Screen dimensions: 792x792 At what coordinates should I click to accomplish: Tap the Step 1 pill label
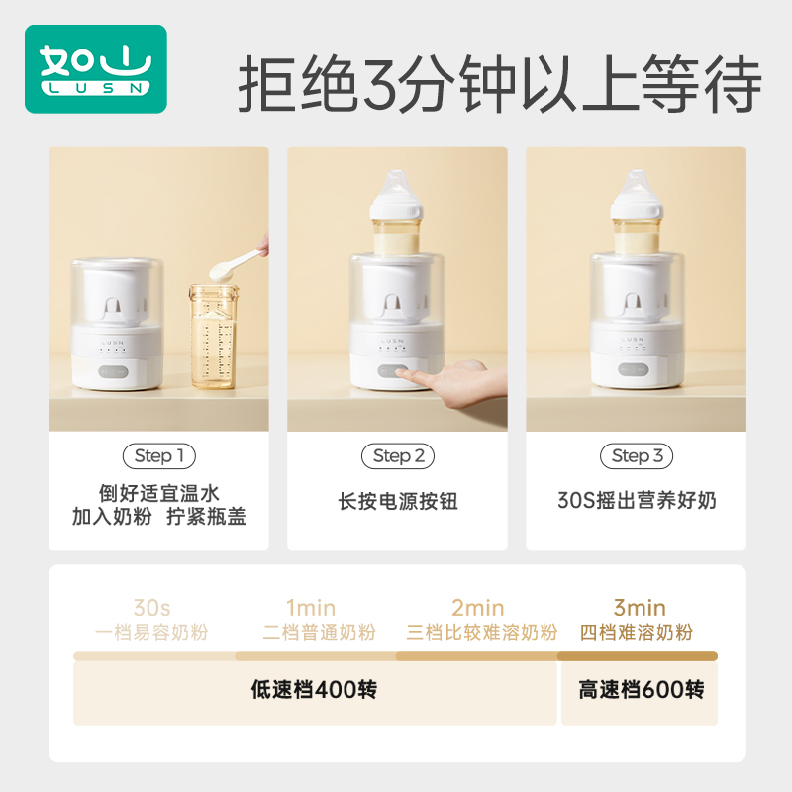[x=158, y=456]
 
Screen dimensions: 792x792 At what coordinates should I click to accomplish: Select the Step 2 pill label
[x=398, y=456]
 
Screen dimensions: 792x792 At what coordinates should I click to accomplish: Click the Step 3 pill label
[x=637, y=456]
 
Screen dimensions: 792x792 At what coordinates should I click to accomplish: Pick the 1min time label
[x=311, y=608]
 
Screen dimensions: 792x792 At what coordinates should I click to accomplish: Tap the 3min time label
[x=639, y=608]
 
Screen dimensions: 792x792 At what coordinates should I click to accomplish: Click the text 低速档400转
[x=314, y=690]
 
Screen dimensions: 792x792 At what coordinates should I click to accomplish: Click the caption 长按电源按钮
[x=398, y=501]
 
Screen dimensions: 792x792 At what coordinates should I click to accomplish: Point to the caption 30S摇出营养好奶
[x=637, y=501]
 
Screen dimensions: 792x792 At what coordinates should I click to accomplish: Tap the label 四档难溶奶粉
[x=639, y=633]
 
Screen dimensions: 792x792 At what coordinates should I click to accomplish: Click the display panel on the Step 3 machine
[x=639, y=367]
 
